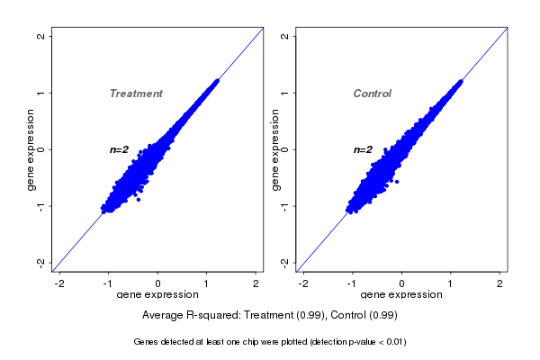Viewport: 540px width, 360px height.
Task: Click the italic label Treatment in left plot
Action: click(x=136, y=94)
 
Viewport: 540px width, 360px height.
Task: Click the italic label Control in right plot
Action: click(x=372, y=94)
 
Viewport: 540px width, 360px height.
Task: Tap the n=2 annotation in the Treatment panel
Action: click(x=120, y=149)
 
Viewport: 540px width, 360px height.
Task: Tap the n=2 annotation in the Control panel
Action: click(x=363, y=149)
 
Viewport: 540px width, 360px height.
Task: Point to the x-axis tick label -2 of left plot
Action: click(x=59, y=283)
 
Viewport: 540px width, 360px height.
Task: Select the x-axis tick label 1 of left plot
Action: click(x=207, y=283)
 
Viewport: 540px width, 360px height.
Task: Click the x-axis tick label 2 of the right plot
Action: click(x=500, y=283)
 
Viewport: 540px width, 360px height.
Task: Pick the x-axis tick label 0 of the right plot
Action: click(x=402, y=283)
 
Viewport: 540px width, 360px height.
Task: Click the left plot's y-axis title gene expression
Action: click(x=31, y=149)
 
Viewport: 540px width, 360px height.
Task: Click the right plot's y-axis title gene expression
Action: click(x=274, y=149)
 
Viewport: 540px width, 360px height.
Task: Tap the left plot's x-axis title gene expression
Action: click(x=157, y=295)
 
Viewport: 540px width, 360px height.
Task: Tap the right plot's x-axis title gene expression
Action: click(x=401, y=295)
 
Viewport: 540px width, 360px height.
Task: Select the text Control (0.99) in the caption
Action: click(x=364, y=316)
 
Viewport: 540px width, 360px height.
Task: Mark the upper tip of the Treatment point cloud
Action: click(x=217, y=81)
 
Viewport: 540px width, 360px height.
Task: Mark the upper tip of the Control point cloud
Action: click(x=461, y=81)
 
